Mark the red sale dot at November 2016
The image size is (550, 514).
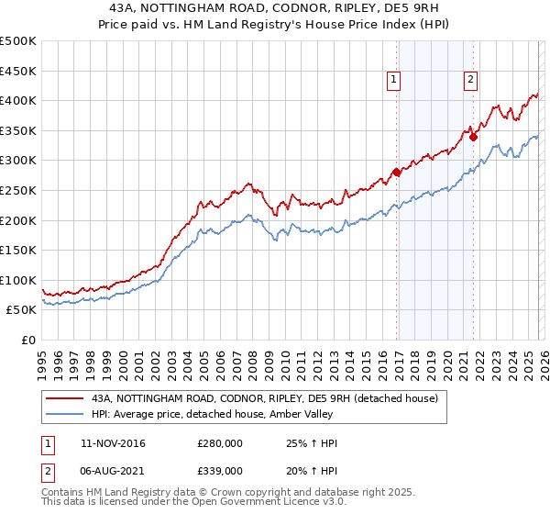[x=396, y=172]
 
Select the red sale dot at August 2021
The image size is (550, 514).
[x=474, y=137]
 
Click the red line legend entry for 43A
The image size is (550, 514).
[x=266, y=398]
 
